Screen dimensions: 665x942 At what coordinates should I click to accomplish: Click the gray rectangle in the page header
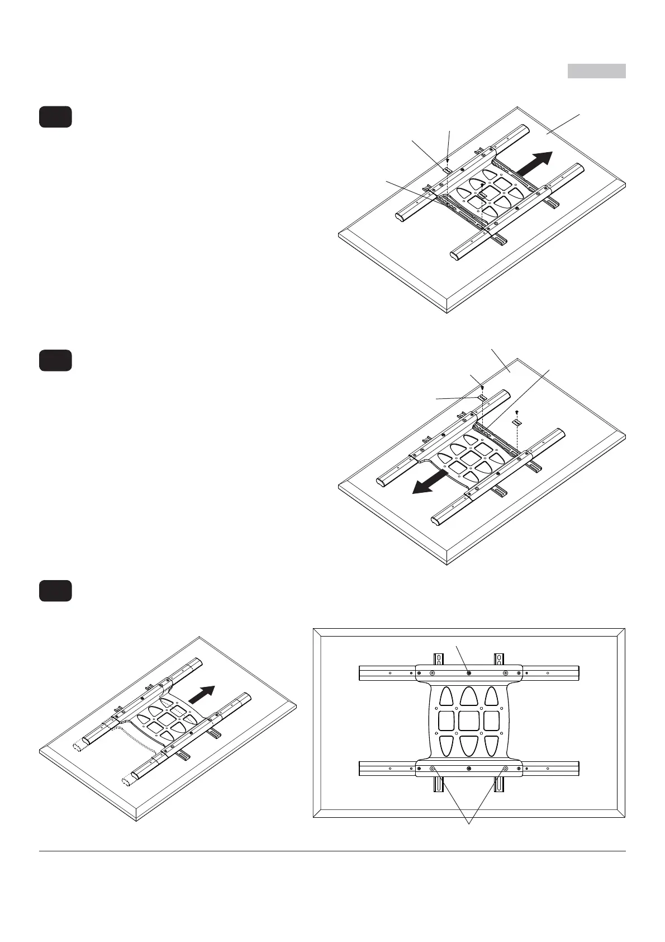597,71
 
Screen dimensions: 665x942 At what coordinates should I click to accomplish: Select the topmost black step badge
55,116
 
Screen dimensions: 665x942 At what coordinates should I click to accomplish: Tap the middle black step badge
55,360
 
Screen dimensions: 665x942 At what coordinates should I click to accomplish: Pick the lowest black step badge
55,591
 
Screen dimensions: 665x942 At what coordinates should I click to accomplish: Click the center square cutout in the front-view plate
469,720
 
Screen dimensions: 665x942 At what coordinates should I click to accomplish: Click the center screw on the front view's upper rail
468,673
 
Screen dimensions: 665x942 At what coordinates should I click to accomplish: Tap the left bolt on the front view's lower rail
432,769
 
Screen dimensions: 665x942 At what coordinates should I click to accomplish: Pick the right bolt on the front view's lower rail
505,769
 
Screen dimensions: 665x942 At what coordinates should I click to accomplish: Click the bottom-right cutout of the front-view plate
492,746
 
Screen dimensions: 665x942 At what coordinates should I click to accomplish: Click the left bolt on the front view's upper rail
432,673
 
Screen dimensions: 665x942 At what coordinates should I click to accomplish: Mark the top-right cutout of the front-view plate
492,695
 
